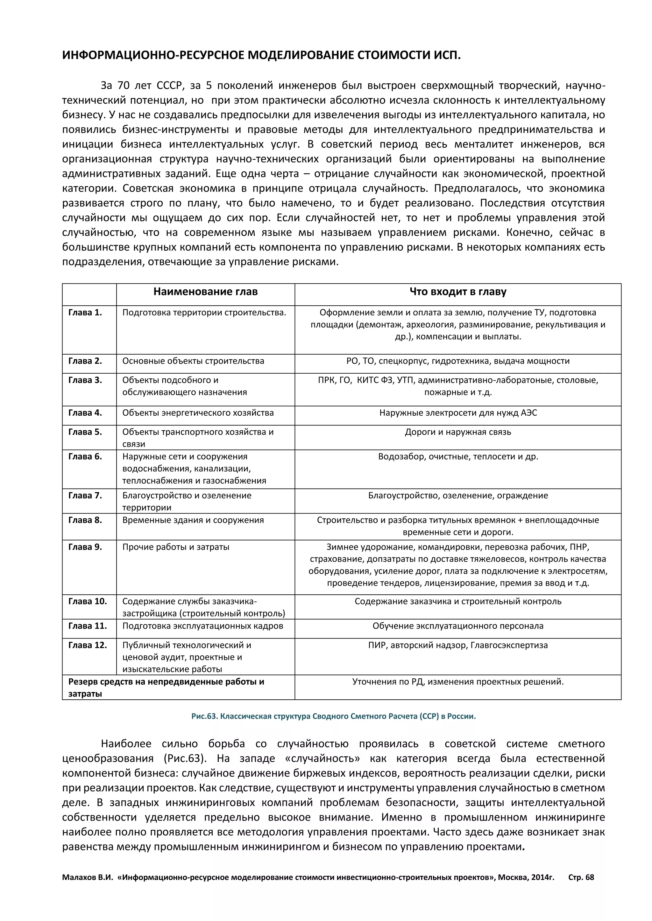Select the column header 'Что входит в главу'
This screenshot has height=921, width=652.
click(x=458, y=292)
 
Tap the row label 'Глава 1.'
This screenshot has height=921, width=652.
click(x=85, y=313)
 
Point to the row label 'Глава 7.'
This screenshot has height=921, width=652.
click(x=85, y=495)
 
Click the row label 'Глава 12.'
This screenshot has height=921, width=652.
click(x=88, y=645)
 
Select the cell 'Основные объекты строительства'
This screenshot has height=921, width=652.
click(x=193, y=361)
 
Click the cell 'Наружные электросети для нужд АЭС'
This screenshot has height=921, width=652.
click(x=458, y=413)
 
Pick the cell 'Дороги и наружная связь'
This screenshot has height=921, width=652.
click(x=458, y=432)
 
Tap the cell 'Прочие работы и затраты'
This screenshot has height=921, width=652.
click(x=176, y=547)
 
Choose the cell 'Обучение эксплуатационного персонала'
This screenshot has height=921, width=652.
click(x=458, y=626)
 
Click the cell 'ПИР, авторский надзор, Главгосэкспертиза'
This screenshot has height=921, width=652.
click(x=458, y=645)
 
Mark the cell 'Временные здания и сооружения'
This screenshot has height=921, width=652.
click(x=193, y=520)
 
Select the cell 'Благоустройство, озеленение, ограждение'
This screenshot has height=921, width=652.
click(x=458, y=495)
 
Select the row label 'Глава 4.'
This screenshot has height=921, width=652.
click(x=85, y=413)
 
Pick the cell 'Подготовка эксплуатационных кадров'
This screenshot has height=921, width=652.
click(x=202, y=626)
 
